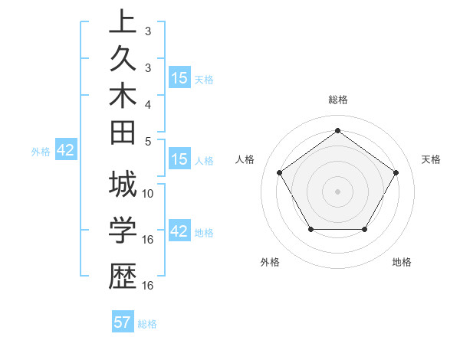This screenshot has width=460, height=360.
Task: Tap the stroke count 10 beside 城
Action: click(x=148, y=194)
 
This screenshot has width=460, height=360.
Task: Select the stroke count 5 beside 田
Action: click(x=148, y=141)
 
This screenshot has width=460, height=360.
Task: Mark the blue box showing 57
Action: click(x=123, y=322)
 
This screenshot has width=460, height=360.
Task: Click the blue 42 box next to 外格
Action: click(x=65, y=151)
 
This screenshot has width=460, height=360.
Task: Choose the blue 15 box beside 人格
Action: click(x=179, y=159)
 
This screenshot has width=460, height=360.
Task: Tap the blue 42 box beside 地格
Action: click(x=179, y=231)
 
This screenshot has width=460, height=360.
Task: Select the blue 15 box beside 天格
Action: click(x=179, y=78)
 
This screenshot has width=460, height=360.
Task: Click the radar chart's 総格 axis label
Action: click(x=338, y=100)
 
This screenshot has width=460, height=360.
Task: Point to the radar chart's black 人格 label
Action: click(x=245, y=159)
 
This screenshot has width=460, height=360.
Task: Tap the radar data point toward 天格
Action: click(x=396, y=172)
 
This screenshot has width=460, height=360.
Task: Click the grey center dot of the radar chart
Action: click(x=338, y=191)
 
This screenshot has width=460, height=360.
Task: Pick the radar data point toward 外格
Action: click(x=310, y=229)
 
